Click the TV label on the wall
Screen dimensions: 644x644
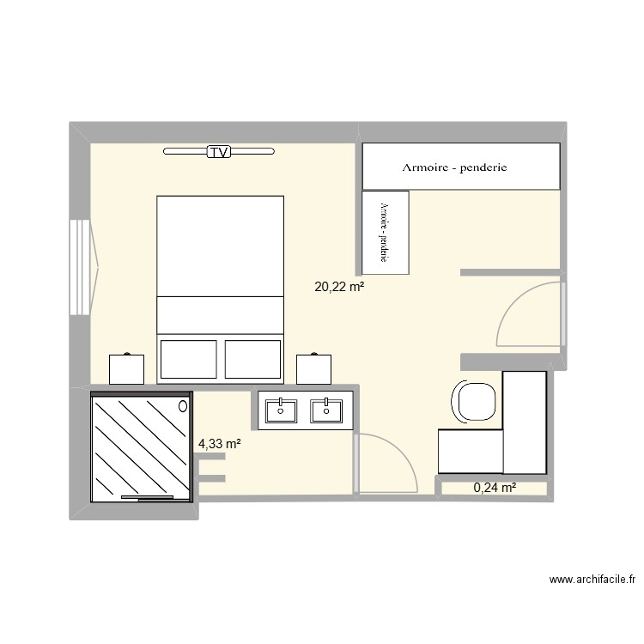point(220,153)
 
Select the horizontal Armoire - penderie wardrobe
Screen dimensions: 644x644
point(460,166)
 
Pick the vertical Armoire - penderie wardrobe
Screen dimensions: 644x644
point(386,233)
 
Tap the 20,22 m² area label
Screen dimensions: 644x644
point(339,288)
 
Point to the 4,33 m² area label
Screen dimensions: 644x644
point(219,444)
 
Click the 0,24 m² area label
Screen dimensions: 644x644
point(495,488)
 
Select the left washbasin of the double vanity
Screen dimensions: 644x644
point(281,410)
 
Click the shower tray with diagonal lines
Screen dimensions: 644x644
point(139,445)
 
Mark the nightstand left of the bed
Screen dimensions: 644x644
point(127,368)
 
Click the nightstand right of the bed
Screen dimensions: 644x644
point(313,368)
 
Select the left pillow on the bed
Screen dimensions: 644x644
point(189,359)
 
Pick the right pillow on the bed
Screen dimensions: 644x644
point(253,359)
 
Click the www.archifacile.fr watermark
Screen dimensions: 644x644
point(592,580)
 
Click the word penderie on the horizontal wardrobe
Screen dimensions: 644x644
point(483,167)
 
